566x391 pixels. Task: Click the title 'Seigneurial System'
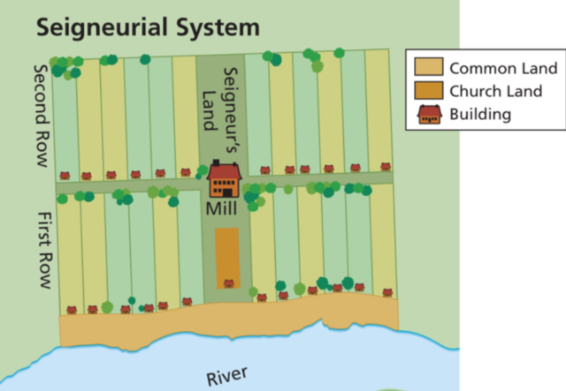pyautogui.click(x=148, y=27)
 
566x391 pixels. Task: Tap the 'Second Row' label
pyautogui.click(x=41, y=115)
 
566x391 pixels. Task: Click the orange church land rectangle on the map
pyautogui.click(x=227, y=253)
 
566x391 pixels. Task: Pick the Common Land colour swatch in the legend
pyautogui.click(x=428, y=67)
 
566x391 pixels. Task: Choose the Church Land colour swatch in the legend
pyautogui.click(x=428, y=91)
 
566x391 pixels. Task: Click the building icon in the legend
pyautogui.click(x=428, y=114)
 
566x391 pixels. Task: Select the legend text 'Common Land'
pyautogui.click(x=502, y=68)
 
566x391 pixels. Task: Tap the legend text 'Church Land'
pyautogui.click(x=499, y=91)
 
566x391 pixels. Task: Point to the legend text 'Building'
pyautogui.click(x=480, y=114)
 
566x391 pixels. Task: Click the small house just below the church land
pyautogui.click(x=228, y=284)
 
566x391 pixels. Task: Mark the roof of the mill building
pyautogui.click(x=225, y=169)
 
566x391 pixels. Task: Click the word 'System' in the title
pyautogui.click(x=219, y=27)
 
